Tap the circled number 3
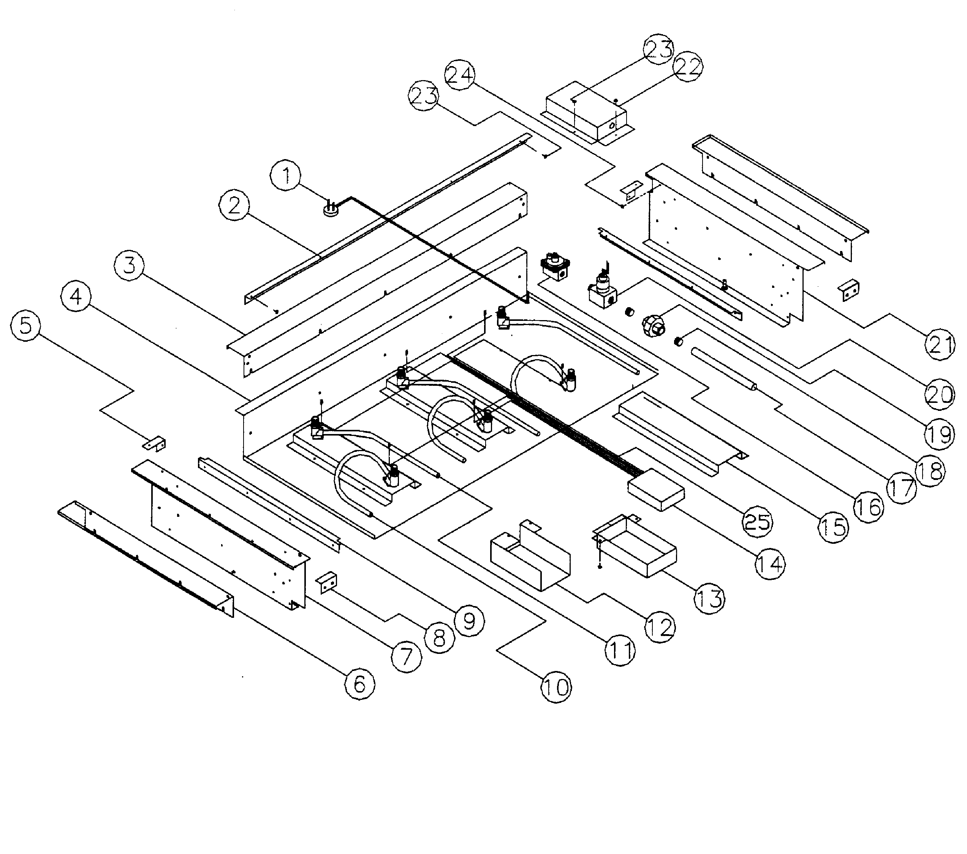[x=129, y=266]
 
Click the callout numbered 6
[x=359, y=683]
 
